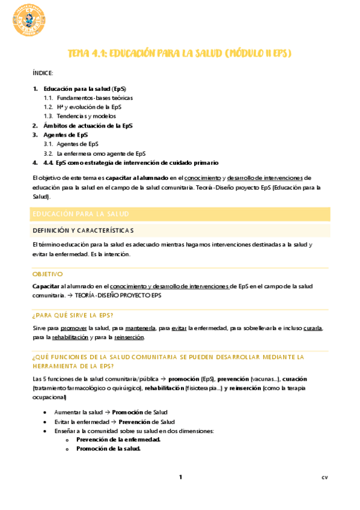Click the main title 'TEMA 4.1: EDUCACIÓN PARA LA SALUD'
(179, 54)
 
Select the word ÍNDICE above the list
(43, 73)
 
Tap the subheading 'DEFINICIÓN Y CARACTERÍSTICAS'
(83, 231)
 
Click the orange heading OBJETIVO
(47, 274)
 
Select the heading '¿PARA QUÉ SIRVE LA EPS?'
(73, 315)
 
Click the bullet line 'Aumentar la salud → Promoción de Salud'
(110, 412)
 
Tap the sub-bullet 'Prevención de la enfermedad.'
(118, 440)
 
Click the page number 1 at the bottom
(180, 478)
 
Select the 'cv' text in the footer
(325, 478)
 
